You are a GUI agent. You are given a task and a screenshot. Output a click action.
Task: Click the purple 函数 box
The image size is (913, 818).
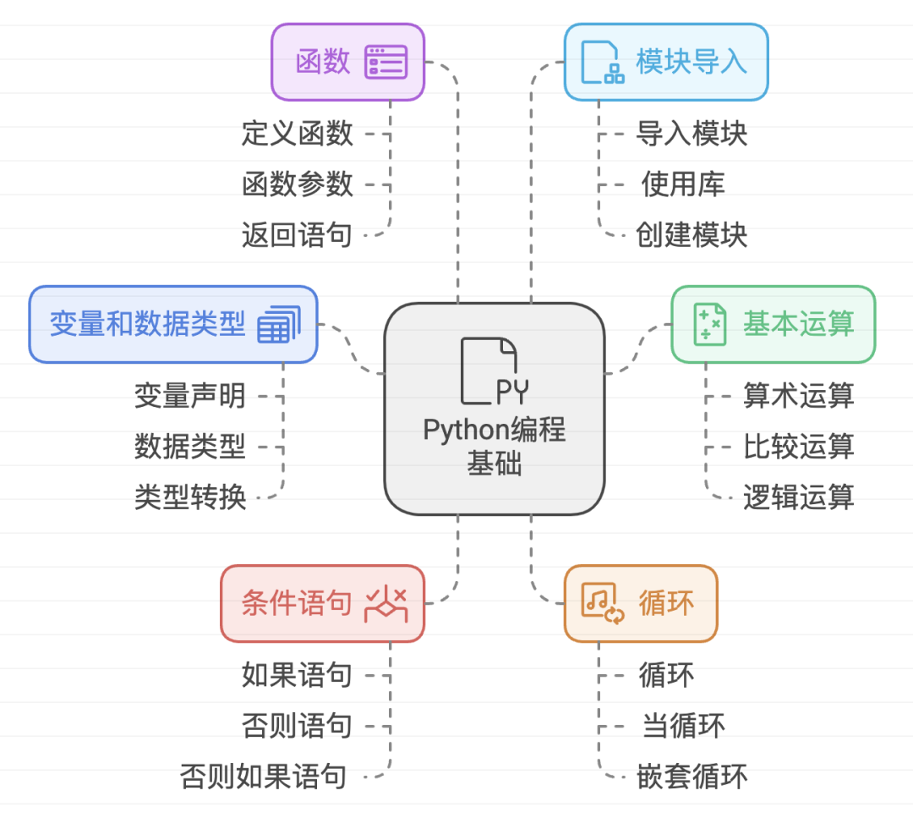tap(347, 62)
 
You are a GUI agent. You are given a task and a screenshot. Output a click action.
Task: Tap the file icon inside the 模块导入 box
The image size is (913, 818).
tap(602, 62)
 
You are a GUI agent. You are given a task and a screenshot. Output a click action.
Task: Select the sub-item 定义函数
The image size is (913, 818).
tap(297, 133)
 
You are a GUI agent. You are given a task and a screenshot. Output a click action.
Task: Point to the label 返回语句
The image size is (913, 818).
tap(297, 234)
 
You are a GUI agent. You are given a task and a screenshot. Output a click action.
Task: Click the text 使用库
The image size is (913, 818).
tap(682, 184)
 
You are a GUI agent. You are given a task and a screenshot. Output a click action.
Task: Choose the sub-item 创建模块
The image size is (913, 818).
tap(692, 234)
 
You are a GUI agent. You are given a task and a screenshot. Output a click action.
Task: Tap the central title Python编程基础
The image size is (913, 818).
tap(495, 446)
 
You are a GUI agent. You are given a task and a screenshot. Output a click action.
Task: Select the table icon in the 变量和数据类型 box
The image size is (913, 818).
tap(278, 324)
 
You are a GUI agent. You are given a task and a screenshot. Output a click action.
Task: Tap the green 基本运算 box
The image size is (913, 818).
tap(773, 324)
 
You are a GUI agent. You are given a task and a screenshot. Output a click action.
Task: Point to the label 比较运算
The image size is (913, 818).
tap(798, 446)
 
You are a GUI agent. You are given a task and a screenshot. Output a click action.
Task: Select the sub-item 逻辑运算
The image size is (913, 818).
tap(798, 497)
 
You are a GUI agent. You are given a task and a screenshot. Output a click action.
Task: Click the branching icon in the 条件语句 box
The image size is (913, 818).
tap(385, 603)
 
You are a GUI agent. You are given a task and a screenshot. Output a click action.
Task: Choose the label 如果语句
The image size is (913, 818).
tap(297, 674)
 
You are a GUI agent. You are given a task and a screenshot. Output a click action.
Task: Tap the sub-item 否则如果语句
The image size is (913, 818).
tap(264, 776)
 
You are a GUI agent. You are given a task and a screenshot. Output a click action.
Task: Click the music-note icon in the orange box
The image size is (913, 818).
tap(603, 603)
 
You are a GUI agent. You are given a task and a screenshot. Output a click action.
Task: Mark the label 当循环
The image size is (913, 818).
tap(683, 725)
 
